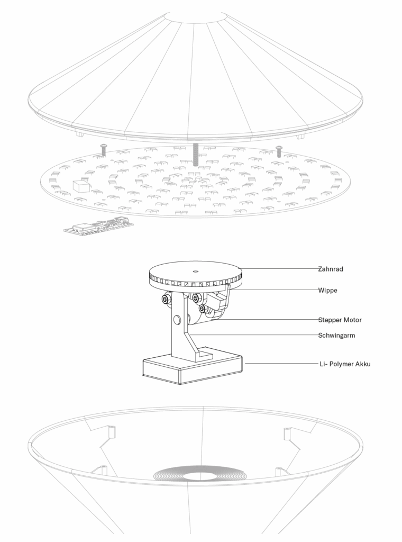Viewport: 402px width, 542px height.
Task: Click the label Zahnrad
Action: tap(331, 269)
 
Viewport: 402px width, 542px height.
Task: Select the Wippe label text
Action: tap(327, 290)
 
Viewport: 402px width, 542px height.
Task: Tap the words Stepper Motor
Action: tap(340, 320)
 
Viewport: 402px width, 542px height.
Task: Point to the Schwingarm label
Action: tap(336, 335)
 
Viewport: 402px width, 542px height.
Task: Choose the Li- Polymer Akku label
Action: tap(344, 364)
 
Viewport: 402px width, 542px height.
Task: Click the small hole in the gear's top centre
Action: tap(195, 270)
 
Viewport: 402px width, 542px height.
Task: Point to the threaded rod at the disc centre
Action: tap(196, 153)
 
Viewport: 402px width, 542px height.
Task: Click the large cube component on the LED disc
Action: tap(80, 186)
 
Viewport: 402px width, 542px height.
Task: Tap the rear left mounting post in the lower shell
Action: tap(112, 432)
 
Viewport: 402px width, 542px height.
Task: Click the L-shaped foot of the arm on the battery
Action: tap(203, 354)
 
